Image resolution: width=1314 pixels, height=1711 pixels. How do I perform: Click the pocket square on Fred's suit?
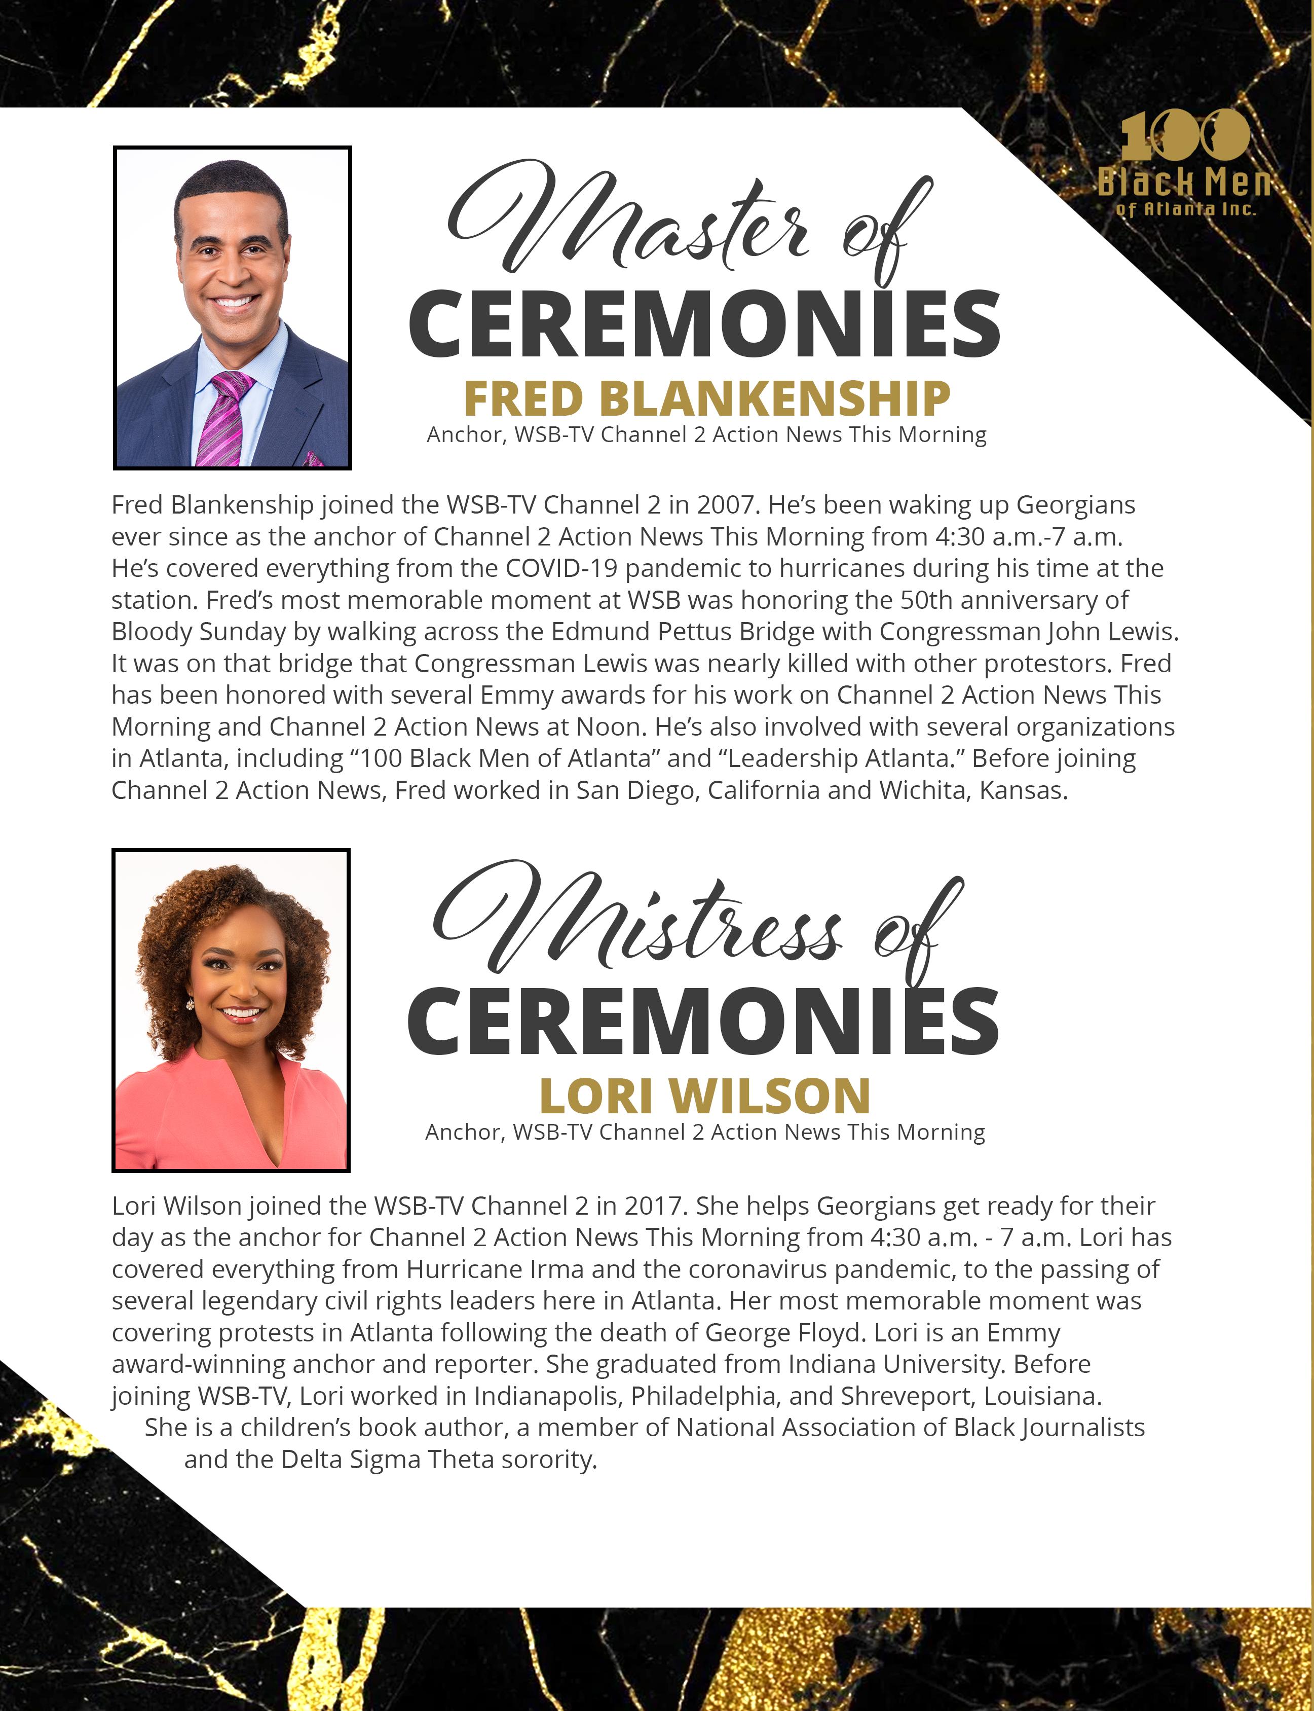pos(313,458)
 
